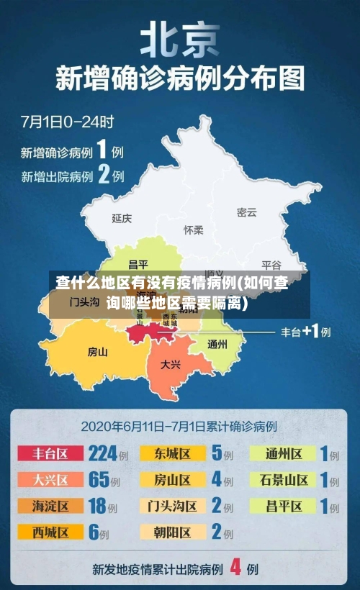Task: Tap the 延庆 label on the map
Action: [122, 217]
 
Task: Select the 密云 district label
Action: [246, 212]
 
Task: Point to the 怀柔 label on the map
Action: [194, 230]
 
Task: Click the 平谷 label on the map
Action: [271, 264]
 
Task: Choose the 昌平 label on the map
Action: [138, 264]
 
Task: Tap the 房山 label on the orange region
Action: [97, 352]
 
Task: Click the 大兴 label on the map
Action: [171, 364]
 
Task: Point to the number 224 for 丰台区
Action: [102, 453]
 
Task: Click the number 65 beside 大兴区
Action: [98, 479]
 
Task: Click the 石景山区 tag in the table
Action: [282, 479]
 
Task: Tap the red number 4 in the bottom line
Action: [235, 568]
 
